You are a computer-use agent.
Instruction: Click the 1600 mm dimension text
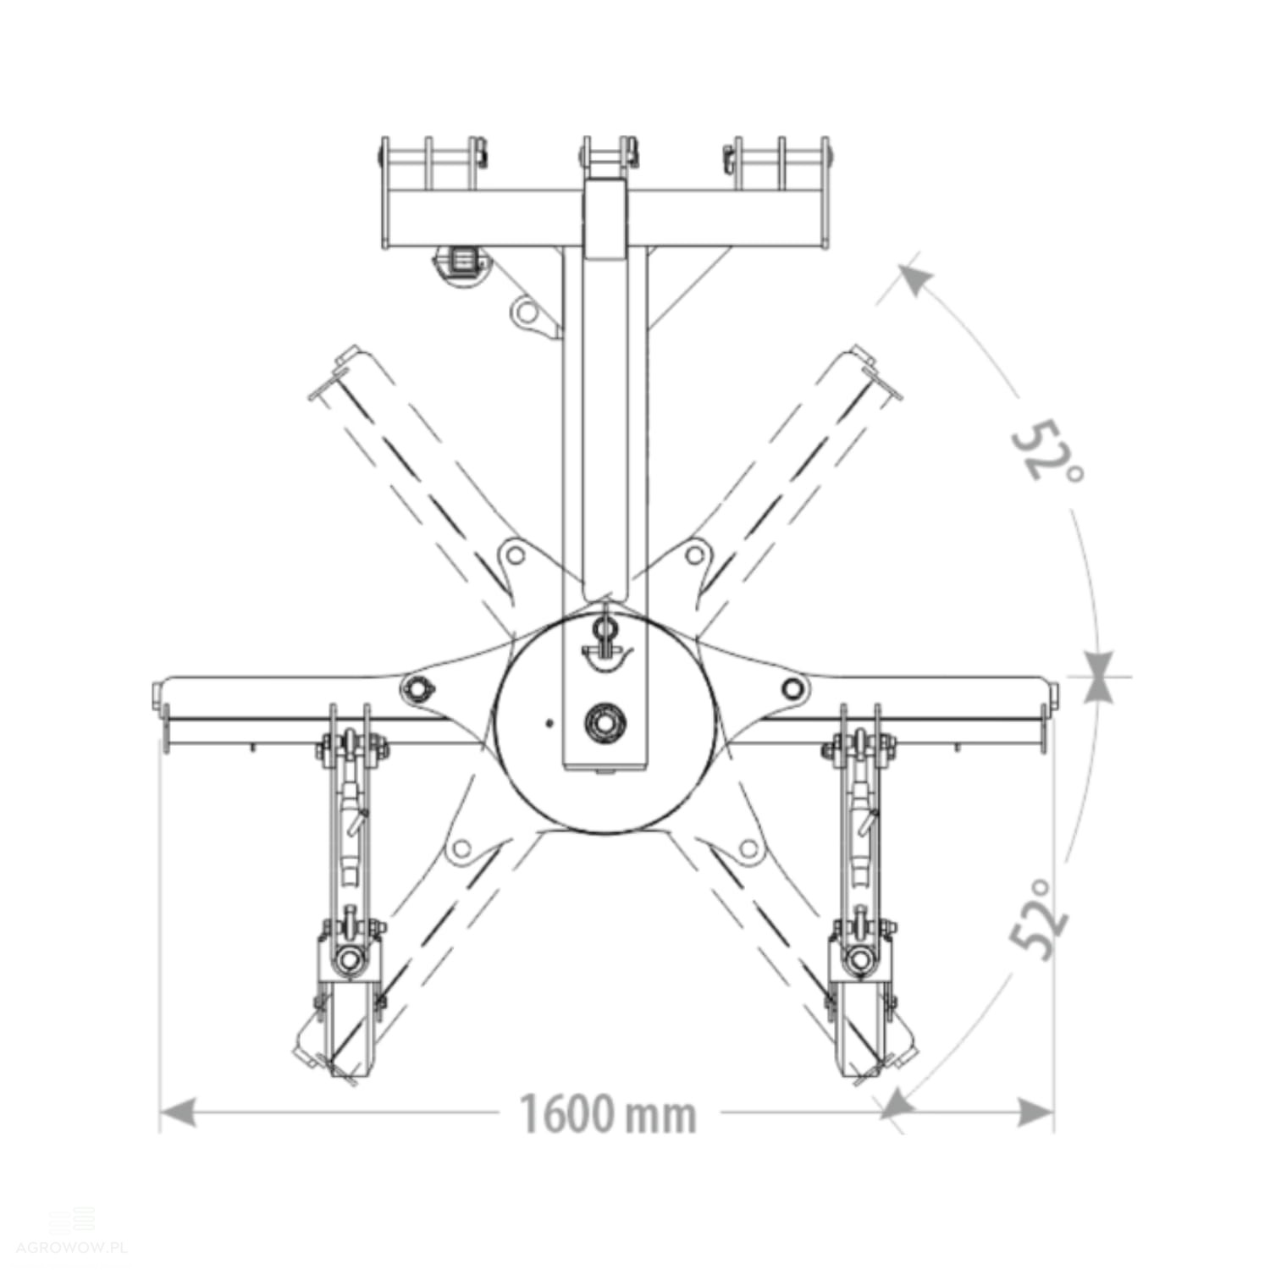(608, 1113)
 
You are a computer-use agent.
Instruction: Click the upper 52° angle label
(1046, 450)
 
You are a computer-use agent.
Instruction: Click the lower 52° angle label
(1040, 919)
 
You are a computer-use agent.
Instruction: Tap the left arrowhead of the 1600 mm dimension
(178, 1113)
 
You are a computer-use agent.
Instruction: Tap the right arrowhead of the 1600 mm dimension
(1035, 1113)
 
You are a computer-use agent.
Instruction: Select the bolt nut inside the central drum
(605, 723)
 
